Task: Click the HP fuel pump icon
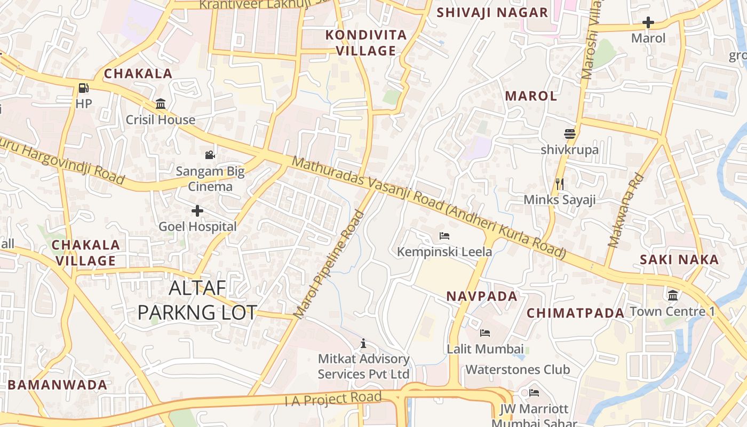(84, 88)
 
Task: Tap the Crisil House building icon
(161, 104)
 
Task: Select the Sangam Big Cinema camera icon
(210, 155)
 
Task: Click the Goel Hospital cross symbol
(197, 211)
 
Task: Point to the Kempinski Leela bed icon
(444, 235)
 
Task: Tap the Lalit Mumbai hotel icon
(484, 333)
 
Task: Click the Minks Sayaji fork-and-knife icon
(560, 184)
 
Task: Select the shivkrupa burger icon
(570, 133)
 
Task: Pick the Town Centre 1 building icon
(673, 295)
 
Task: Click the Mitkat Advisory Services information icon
(364, 343)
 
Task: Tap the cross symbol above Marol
(648, 22)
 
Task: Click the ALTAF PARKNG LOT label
(197, 300)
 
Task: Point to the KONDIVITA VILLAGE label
(366, 43)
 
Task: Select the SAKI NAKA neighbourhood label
(679, 260)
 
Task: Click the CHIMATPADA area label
(575, 313)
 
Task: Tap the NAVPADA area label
(482, 296)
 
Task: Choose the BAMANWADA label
(58, 385)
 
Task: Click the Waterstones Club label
(518, 369)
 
